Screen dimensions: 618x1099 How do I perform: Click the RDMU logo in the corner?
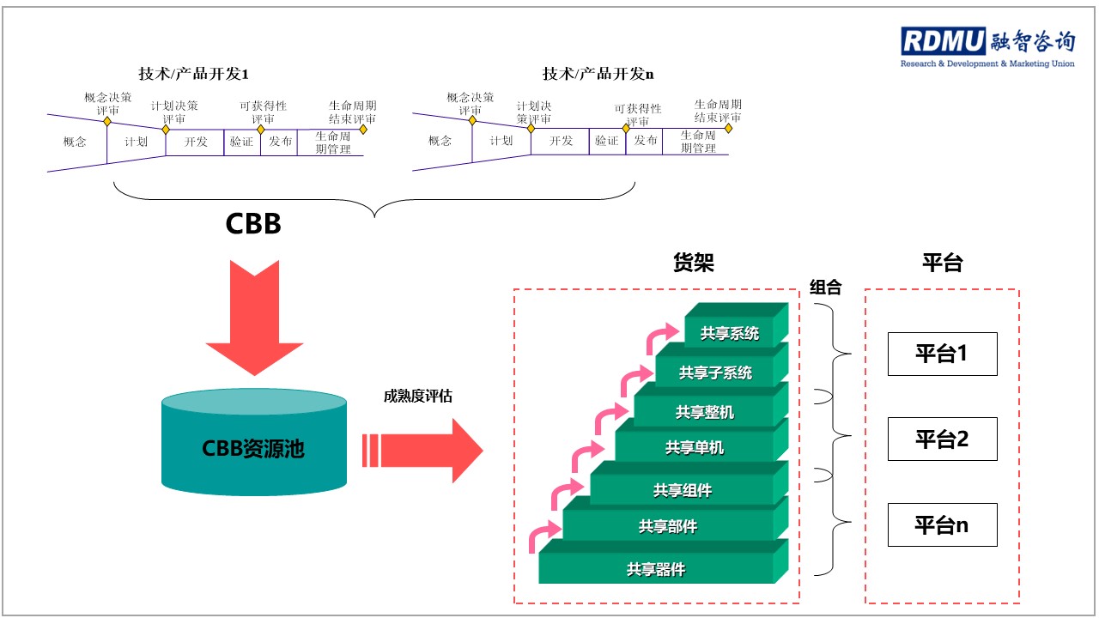[987, 46]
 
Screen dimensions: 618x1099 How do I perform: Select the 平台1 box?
[942, 354]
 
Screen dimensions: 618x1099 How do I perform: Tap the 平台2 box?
[942, 439]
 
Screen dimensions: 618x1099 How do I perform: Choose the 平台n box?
[942, 524]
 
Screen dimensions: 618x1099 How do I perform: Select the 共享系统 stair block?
[730, 334]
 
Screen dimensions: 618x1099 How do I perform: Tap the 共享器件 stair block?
[656, 568]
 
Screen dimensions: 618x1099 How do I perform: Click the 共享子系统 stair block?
[715, 373]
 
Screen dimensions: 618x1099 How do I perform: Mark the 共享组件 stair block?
[682, 490]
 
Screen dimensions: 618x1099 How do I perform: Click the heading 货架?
[694, 264]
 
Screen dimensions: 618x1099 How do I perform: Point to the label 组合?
[825, 288]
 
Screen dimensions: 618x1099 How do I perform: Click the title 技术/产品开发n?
[598, 73]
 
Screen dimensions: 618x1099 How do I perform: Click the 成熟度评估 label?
[418, 396]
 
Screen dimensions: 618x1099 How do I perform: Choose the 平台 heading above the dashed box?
[942, 264]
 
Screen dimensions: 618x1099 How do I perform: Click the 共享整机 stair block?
[704, 412]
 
